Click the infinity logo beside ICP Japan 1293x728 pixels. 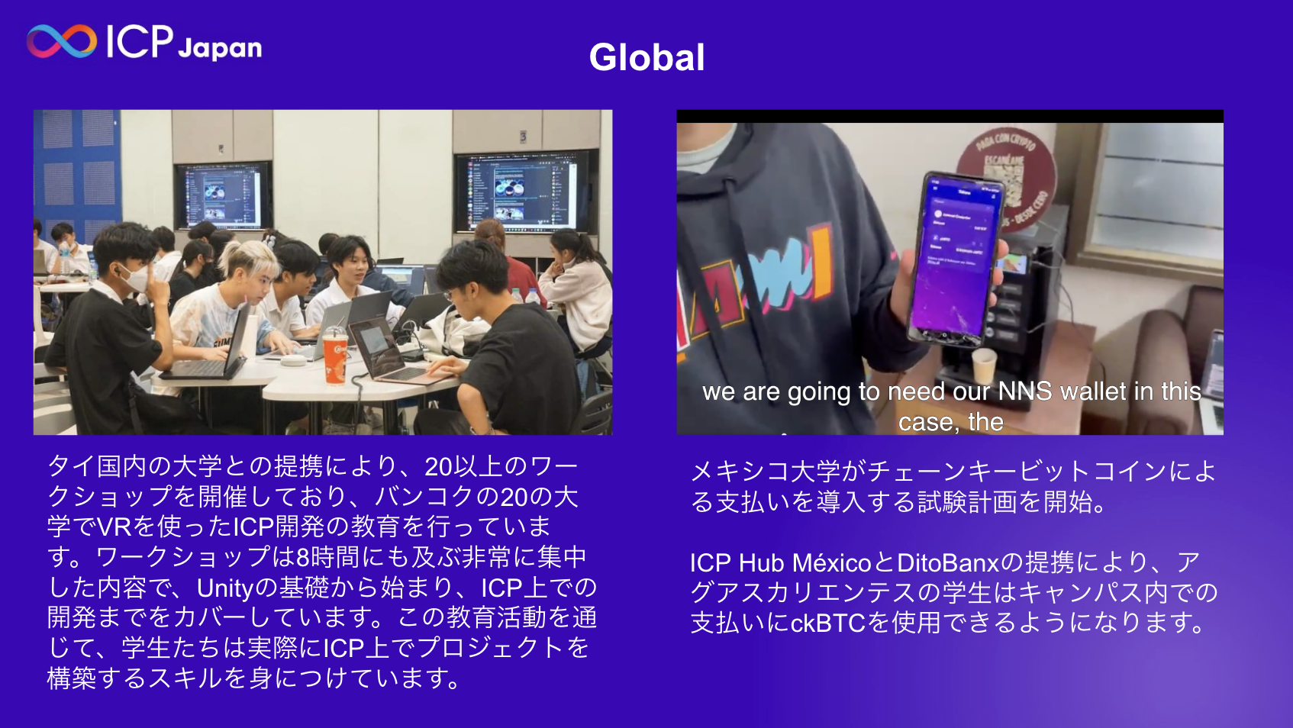61,41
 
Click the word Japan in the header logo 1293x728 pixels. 220,48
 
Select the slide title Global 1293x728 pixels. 646,57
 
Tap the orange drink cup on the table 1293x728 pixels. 335,358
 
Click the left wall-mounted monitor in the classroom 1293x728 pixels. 222,195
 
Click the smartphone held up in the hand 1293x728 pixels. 954,259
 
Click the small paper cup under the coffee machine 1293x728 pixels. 984,365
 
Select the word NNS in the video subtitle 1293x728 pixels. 1024,391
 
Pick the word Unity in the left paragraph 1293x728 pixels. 224,588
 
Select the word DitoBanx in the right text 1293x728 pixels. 947,563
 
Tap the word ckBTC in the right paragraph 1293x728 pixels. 827,623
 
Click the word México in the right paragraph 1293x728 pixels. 831,563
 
